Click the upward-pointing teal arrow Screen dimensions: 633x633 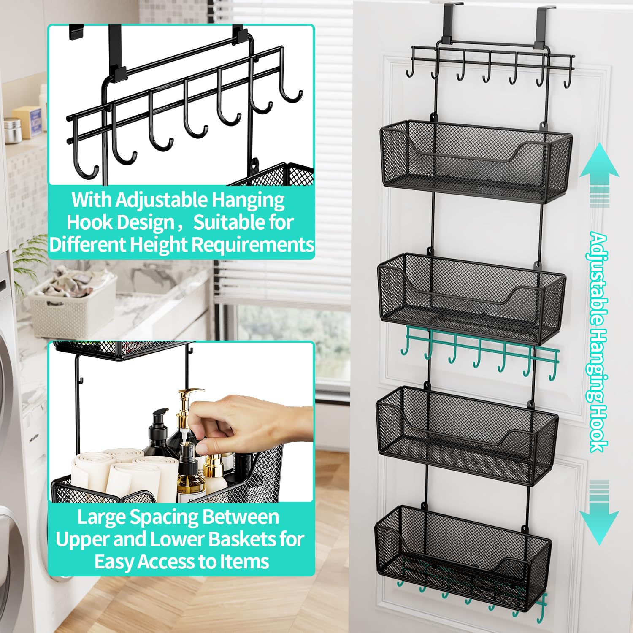coord(599,169)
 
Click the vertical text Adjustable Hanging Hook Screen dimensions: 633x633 coord(598,342)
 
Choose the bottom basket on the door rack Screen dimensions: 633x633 coord(463,553)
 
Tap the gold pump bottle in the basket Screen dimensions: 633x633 coord(186,418)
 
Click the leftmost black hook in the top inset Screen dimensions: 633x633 coord(84,156)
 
